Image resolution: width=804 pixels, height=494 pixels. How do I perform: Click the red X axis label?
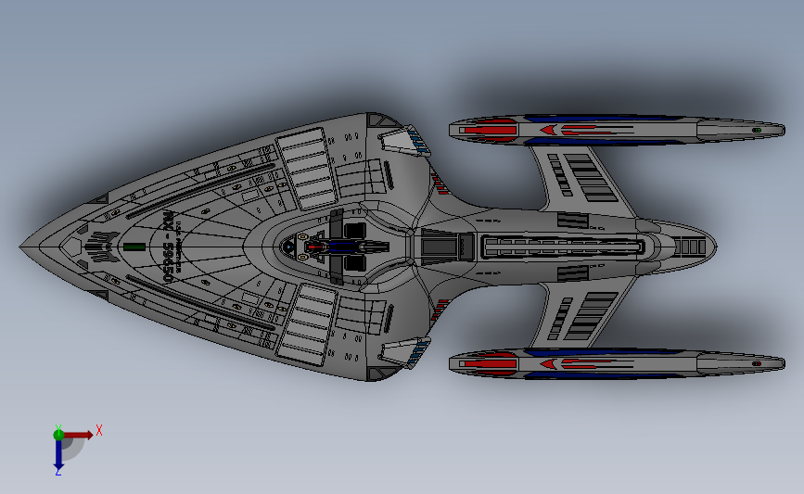coord(98,429)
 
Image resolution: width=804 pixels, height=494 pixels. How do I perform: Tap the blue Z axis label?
coord(57,472)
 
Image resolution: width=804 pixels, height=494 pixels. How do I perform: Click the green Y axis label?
coord(57,428)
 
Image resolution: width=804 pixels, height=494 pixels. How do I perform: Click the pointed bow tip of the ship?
coord(21,247)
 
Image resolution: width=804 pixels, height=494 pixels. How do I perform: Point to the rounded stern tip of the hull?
coord(714,246)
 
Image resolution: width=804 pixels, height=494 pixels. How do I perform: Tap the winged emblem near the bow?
coord(100,247)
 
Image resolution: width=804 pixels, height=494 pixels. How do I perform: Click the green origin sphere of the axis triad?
coord(58,434)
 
